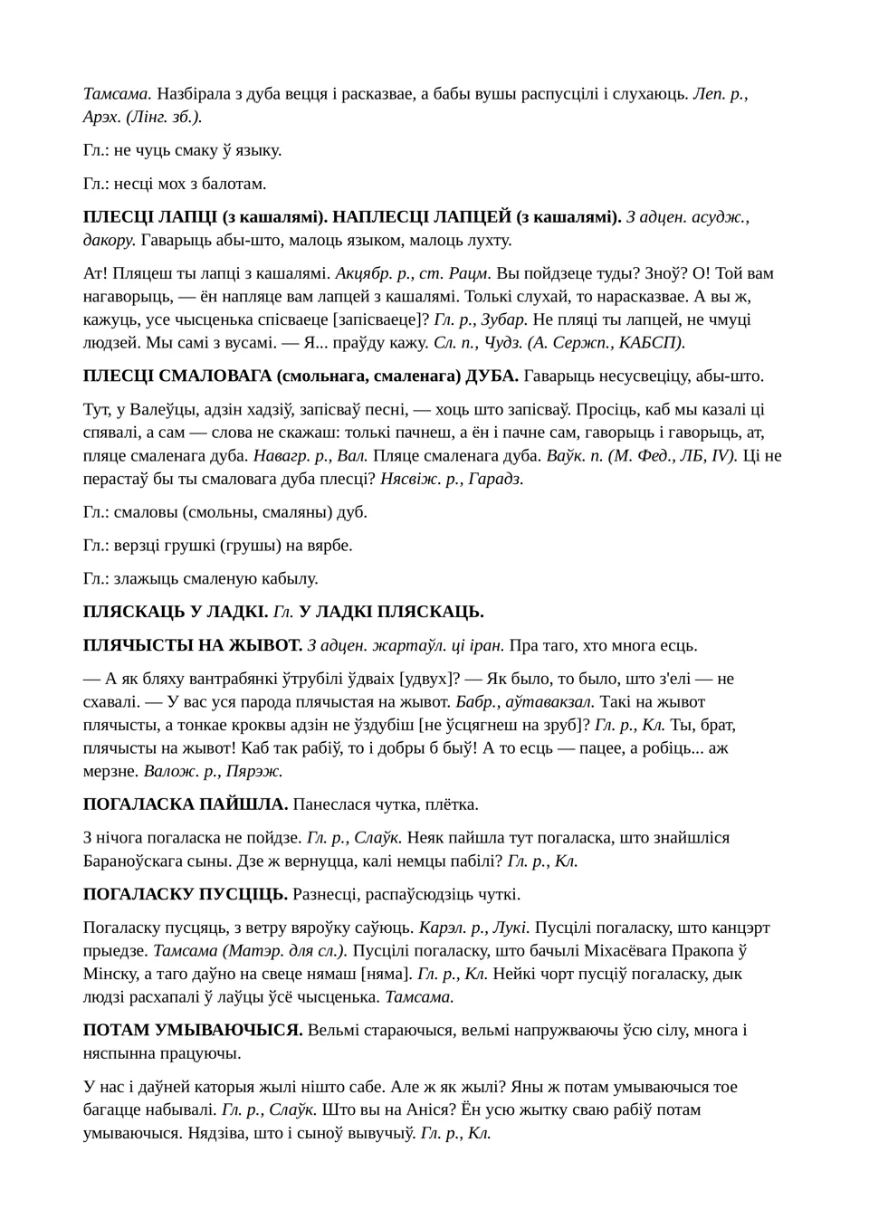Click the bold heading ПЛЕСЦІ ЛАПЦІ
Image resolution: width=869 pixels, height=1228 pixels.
[x=149, y=217]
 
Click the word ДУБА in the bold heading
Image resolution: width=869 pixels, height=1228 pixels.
[x=494, y=376]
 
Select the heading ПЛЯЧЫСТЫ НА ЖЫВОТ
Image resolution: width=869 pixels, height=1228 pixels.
[x=192, y=645]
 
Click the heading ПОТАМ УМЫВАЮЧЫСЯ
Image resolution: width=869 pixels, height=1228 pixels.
[x=193, y=1030]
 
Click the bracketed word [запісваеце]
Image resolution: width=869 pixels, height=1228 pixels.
[x=381, y=319]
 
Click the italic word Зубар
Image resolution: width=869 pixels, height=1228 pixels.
[x=504, y=319]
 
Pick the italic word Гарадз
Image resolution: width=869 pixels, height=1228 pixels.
[x=496, y=479]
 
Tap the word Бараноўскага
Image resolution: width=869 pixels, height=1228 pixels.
[x=144, y=861]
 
